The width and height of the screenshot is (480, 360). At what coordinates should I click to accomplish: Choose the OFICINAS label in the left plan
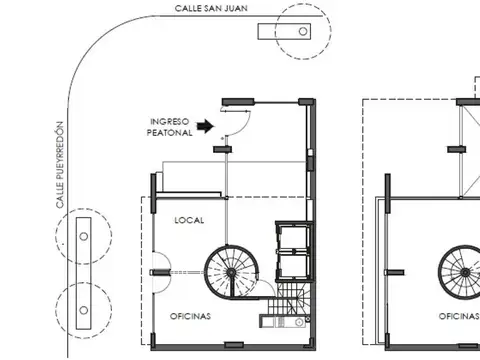pyautogui.click(x=190, y=316)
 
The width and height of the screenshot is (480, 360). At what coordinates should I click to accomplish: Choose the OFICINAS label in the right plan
pyautogui.click(x=459, y=316)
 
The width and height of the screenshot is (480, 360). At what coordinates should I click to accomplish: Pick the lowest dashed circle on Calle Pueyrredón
pyautogui.click(x=82, y=303)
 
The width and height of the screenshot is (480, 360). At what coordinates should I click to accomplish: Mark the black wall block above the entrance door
pyautogui.click(x=236, y=100)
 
